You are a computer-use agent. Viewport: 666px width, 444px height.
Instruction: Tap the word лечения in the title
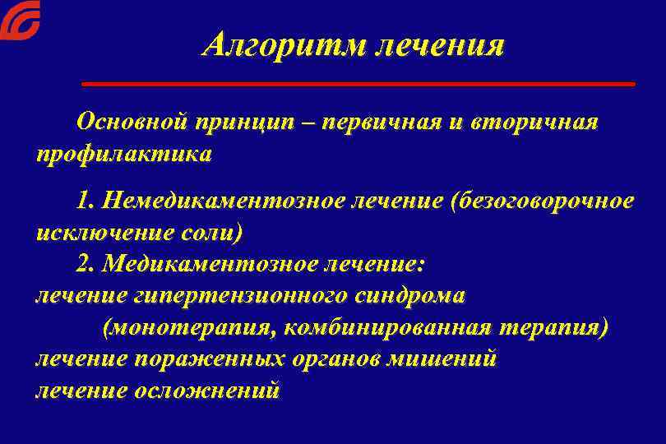(x=440, y=45)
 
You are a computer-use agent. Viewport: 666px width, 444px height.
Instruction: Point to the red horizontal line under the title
(x=358, y=84)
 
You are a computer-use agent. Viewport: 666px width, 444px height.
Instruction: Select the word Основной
(x=132, y=123)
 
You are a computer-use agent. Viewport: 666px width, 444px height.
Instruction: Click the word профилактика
(x=123, y=154)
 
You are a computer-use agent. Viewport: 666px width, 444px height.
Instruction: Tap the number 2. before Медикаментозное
(x=87, y=264)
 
